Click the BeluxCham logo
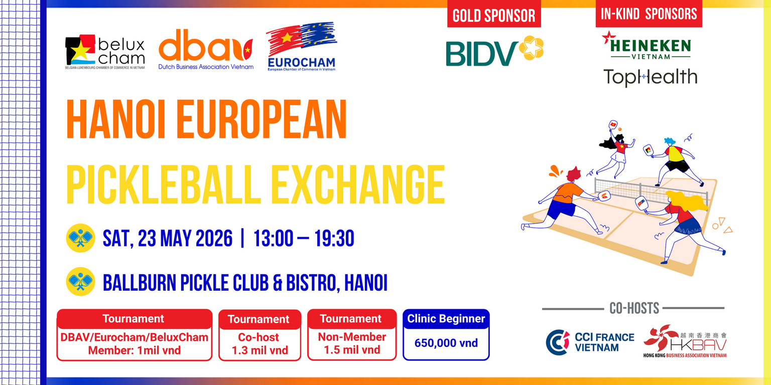coord(105,52)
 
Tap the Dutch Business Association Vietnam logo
coord(206,50)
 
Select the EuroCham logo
coord(302,47)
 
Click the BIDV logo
coord(494,51)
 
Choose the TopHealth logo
coord(650,77)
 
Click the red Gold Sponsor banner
coord(494,15)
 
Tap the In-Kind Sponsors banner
coord(649,14)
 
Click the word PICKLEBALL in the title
coord(164,185)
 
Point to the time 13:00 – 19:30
coord(304,238)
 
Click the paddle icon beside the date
coord(80,238)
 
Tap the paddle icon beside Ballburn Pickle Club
coord(80,282)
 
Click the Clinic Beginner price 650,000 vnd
coord(446,343)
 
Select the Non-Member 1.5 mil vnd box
coord(352,335)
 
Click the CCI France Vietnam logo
coord(590,342)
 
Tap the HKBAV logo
coord(685,341)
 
